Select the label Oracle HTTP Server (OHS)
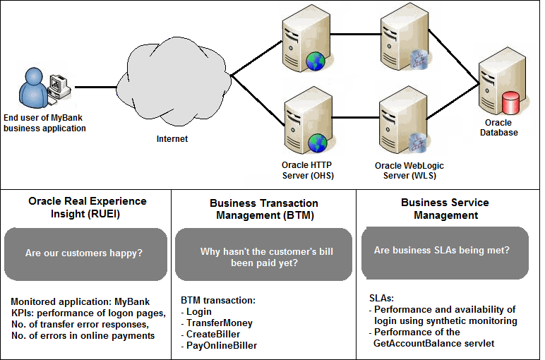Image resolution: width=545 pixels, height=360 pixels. (x=308, y=170)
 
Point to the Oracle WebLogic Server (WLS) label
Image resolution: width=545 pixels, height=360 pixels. (x=409, y=170)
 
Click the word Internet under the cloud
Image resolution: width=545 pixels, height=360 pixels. (x=172, y=139)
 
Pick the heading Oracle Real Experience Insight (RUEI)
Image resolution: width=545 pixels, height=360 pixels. (x=88, y=208)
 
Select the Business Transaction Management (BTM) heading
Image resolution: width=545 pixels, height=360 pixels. (x=263, y=210)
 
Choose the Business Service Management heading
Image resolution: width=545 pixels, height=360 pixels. (x=445, y=209)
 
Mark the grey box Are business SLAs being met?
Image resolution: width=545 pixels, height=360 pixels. (x=445, y=250)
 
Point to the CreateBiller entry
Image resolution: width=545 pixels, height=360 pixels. (x=213, y=334)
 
